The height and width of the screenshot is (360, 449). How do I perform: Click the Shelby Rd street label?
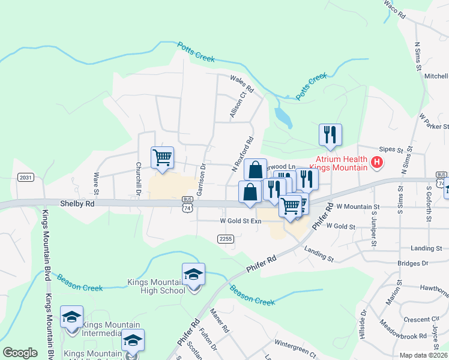point(77,203)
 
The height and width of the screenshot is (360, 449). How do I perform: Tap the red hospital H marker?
point(376,161)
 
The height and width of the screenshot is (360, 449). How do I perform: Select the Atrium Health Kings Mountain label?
point(338,162)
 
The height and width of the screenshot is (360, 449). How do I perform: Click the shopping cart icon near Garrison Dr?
point(163,158)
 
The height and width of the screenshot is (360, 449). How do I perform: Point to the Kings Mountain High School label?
point(156,286)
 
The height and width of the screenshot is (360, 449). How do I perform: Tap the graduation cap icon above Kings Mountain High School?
point(193,275)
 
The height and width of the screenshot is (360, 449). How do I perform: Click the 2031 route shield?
point(26,177)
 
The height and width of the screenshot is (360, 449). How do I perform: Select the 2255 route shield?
point(225,239)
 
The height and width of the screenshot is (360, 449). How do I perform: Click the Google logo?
point(20,353)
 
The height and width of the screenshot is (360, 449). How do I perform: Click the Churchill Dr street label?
point(138,177)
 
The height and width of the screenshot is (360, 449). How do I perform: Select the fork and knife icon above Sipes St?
point(330,135)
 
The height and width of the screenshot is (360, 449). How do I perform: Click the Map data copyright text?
point(423,355)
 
